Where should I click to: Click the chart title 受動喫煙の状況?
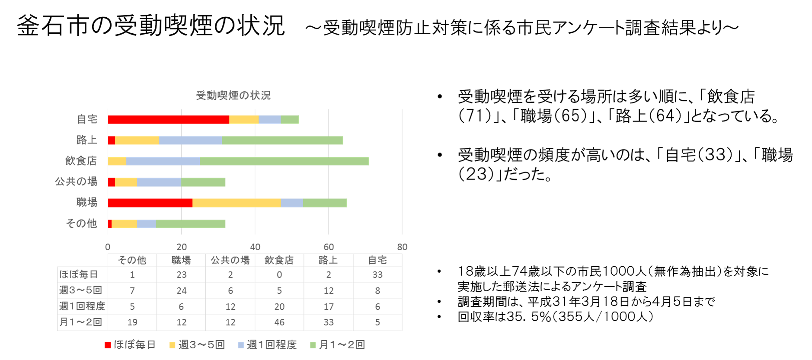233,96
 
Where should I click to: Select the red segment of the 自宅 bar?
169,120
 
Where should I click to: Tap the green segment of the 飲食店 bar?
285,161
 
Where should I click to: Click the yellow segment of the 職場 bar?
237,203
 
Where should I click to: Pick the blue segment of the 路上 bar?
191,140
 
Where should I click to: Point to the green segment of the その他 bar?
191,223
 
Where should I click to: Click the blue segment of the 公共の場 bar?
160,182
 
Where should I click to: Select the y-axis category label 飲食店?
81,161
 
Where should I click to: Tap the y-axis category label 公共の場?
76,182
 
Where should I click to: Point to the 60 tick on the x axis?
329,247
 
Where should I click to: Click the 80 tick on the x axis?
402,247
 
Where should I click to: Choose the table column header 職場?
181,260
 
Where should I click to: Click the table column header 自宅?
377,260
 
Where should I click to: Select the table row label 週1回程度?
82,306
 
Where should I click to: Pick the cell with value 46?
279,322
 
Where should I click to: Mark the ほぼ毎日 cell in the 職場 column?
181,275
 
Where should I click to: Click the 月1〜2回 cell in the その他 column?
132,322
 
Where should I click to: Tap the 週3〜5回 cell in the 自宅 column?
377,290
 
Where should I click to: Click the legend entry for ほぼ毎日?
130,344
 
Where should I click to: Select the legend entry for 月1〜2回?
338,344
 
